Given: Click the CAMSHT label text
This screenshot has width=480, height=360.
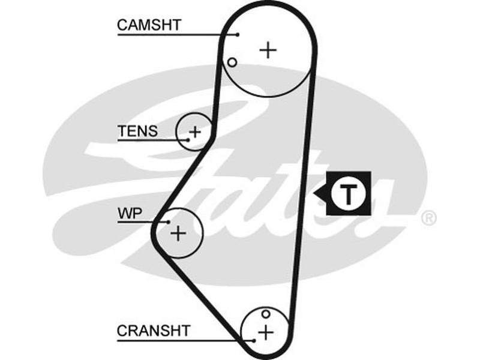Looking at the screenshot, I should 149,25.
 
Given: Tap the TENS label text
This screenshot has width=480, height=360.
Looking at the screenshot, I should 137,130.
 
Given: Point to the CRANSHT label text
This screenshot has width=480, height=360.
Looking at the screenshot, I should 154,330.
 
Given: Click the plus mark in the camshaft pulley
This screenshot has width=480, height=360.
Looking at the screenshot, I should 268,50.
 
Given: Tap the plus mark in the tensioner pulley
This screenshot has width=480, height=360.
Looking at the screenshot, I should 195,130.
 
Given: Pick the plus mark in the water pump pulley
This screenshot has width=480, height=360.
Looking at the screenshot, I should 178,233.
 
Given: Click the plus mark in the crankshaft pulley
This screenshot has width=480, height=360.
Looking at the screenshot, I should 265,331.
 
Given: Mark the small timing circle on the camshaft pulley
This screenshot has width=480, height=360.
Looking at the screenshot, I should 232,62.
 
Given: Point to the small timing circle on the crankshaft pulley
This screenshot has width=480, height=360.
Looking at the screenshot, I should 265,313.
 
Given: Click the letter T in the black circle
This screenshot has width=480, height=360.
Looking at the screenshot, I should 348,194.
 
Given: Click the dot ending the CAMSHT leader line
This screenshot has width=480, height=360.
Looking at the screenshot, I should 238,35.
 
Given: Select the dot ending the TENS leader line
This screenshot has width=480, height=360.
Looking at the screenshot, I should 188,140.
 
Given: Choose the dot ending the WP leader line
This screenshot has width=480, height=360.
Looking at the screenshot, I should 169,222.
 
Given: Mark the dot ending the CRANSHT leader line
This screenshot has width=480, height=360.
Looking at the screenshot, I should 254,340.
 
